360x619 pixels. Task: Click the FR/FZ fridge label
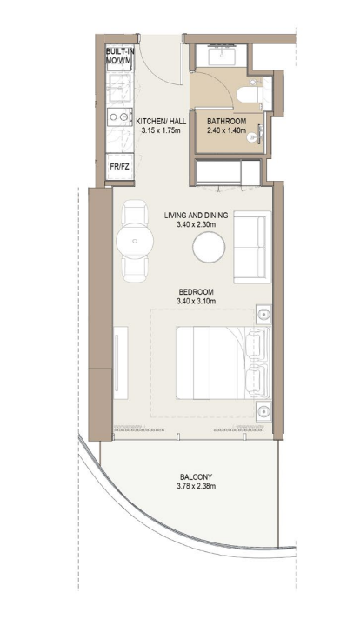point(119,167)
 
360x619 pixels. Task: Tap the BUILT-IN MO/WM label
point(120,56)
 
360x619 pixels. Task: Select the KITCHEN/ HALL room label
point(161,122)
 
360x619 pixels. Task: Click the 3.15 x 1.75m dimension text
point(161,130)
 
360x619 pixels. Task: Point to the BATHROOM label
point(227,122)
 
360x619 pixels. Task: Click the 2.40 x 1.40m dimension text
point(227,130)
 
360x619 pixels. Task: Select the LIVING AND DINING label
point(197,216)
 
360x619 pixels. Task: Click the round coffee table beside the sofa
point(209,247)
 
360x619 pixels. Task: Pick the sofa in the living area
point(252,247)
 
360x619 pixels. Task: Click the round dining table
point(135,241)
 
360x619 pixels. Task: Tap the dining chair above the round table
point(135,212)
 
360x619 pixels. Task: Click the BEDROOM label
point(197,292)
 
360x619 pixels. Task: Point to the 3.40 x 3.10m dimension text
point(197,302)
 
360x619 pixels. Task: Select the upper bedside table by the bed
point(263,314)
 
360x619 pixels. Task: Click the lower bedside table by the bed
point(263,411)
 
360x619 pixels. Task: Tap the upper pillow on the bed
point(257,343)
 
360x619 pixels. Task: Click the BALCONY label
point(197,477)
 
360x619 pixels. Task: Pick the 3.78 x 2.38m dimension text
point(197,486)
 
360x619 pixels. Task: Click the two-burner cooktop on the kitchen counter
point(119,116)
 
